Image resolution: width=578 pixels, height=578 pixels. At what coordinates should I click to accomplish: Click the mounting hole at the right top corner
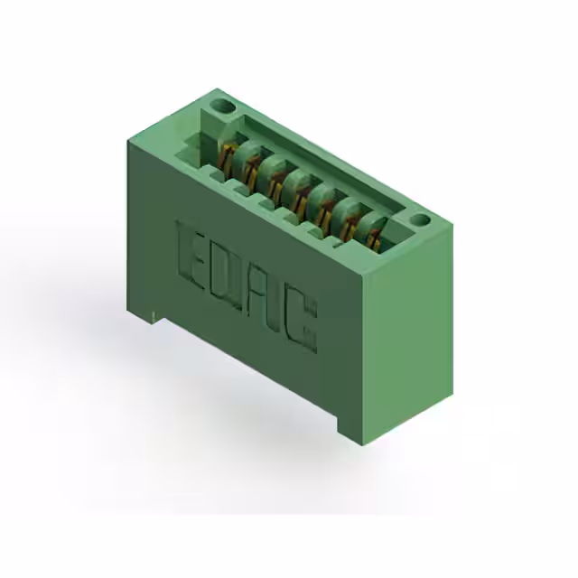tap(419, 219)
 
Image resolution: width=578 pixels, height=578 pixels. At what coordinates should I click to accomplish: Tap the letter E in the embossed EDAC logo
tap(192, 248)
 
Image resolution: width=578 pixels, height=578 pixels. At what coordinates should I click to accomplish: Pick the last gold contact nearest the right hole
tap(372, 233)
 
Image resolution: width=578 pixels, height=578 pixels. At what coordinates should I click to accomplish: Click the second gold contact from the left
tap(249, 166)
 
